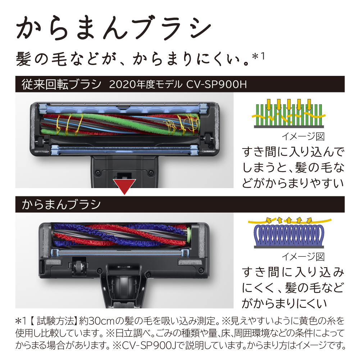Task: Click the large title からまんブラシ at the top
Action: click(x=113, y=28)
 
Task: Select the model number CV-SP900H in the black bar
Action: click(x=217, y=84)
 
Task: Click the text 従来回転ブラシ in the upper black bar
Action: click(x=61, y=84)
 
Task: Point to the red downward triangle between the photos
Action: click(x=124, y=186)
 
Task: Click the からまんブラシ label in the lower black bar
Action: click(x=61, y=204)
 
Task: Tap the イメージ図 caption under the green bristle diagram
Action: click(x=303, y=137)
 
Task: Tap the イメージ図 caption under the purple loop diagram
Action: click(x=303, y=257)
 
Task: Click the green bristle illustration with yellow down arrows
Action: click(x=289, y=113)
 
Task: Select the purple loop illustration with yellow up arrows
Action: click(x=289, y=232)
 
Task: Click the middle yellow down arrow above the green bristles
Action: click(x=289, y=104)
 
